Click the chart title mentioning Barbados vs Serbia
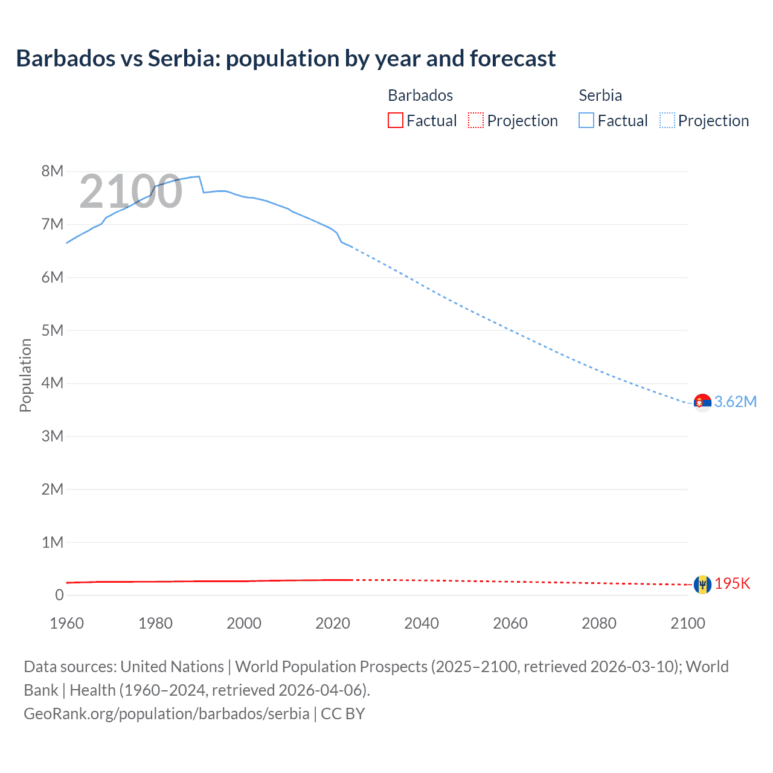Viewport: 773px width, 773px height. (286, 59)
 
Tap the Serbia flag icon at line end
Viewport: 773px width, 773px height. (702, 402)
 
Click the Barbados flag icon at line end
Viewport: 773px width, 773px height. (702, 584)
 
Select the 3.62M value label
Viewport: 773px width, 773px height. (736, 402)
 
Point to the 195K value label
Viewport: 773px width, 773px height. (733, 584)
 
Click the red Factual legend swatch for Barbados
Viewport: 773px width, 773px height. (395, 121)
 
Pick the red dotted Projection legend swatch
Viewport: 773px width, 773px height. (476, 121)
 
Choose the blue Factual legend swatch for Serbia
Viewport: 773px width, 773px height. (586, 121)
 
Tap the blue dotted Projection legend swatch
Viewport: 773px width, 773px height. (667, 121)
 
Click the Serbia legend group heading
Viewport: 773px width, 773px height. (600, 95)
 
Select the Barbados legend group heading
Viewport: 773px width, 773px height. (420, 95)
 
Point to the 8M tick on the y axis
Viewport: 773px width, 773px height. (53, 171)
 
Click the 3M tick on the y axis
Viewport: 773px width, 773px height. (53, 436)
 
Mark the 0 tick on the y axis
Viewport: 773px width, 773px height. (59, 595)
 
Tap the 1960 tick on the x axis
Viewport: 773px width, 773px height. (66, 623)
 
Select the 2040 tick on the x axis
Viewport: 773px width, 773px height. (422, 623)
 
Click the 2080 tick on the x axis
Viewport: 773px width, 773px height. (599, 623)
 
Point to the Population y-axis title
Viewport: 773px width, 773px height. (25, 375)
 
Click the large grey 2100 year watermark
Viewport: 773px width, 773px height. (130, 191)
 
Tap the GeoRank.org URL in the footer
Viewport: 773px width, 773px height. (167, 714)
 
